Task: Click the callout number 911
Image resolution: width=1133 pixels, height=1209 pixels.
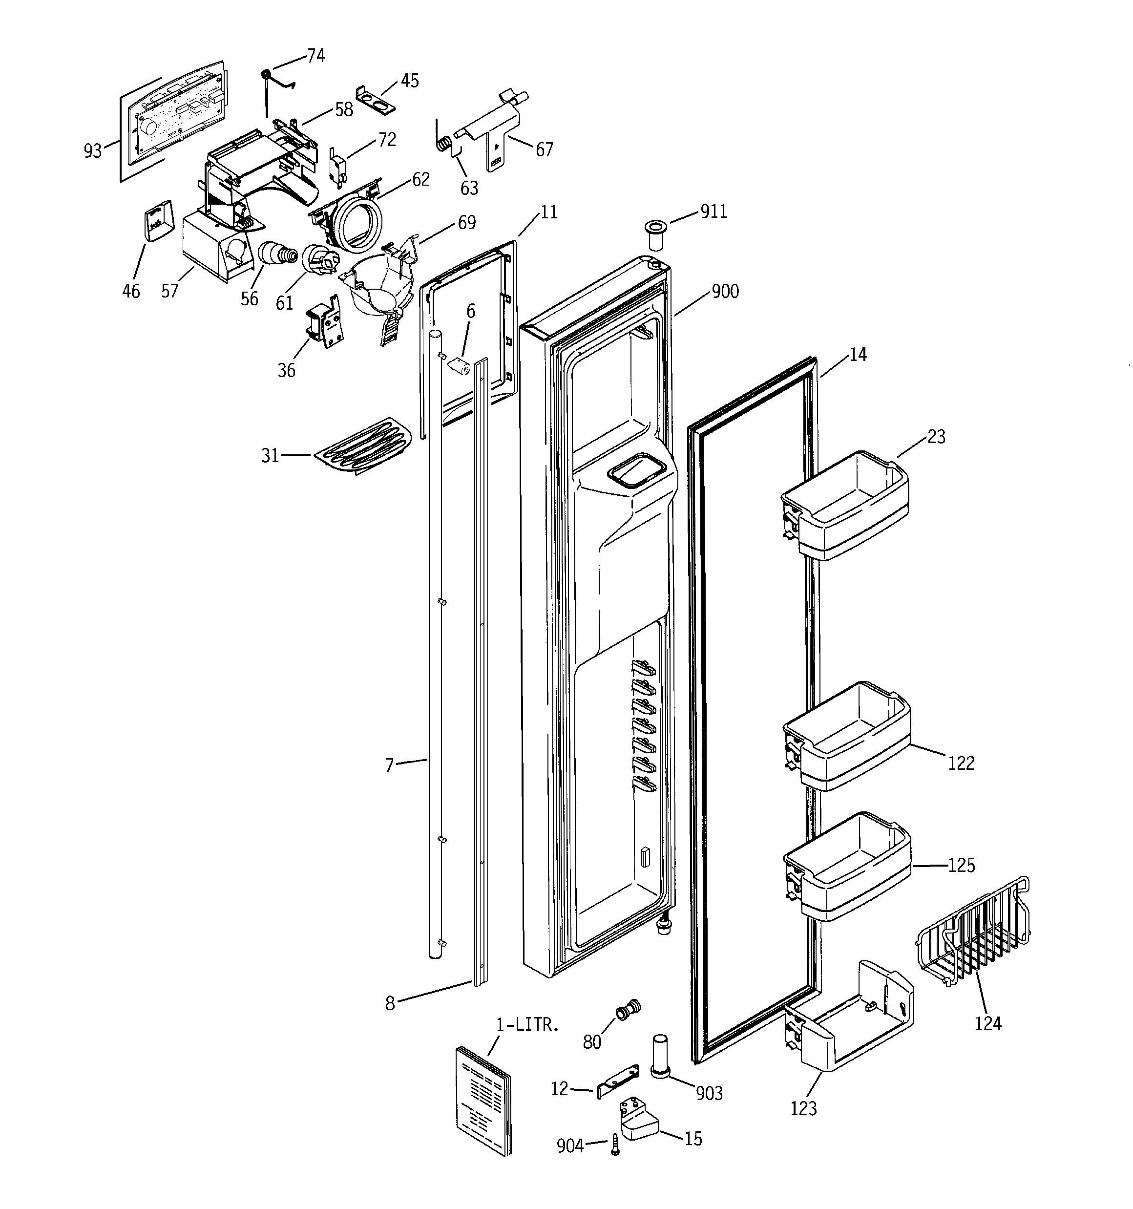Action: point(714,211)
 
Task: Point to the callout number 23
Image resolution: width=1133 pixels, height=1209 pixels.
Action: point(937,437)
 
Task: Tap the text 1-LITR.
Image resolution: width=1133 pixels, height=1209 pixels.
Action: point(526,1025)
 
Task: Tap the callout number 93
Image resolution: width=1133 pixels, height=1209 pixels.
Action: point(92,150)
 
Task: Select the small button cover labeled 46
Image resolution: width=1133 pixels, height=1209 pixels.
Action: point(157,221)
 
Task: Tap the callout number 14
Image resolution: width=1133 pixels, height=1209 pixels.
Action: point(858,355)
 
